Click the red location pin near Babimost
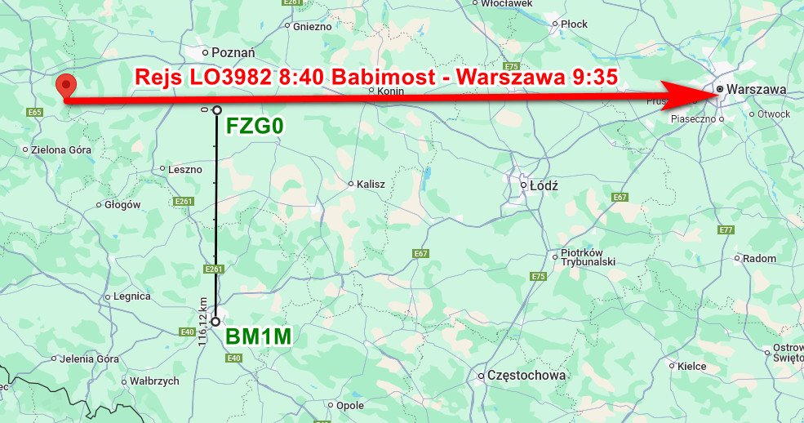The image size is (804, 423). point(64,86)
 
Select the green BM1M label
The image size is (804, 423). point(258,336)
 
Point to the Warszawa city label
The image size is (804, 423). point(758,89)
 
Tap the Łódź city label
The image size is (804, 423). point(544,185)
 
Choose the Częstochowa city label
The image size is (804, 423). point(526,375)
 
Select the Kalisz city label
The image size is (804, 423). point(371,185)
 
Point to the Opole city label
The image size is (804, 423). point(350,405)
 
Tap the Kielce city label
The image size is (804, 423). point(691,367)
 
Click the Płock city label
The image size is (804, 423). point(574,24)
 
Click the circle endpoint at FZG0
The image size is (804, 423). point(217,110)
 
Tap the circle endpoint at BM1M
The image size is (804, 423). point(216,322)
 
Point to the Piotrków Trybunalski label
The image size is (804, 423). point(588,257)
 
